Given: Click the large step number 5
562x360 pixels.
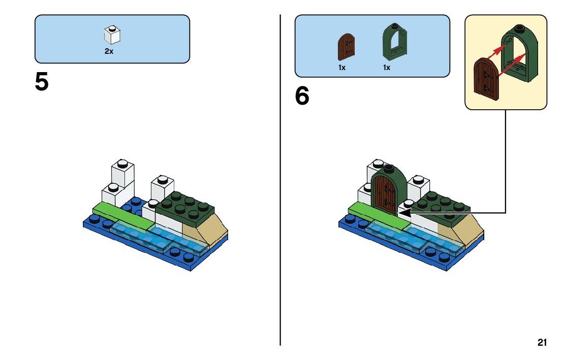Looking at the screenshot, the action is click(42, 82).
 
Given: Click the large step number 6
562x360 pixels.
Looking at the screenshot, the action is click(302, 95).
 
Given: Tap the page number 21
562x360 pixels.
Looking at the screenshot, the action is click(542, 342).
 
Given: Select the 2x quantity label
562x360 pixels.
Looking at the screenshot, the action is click(109, 51).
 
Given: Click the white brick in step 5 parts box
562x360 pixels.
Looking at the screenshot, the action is click(112, 35).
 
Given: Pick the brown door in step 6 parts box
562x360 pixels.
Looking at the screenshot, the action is click(346, 47).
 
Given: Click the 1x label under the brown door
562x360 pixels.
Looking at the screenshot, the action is click(342, 68).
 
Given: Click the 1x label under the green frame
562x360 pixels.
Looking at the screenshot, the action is click(386, 68).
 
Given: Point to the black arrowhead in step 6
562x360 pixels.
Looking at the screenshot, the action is click(404, 213).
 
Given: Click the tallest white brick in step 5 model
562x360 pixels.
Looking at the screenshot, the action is click(122, 173).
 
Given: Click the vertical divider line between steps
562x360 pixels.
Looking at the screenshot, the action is click(280, 180).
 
